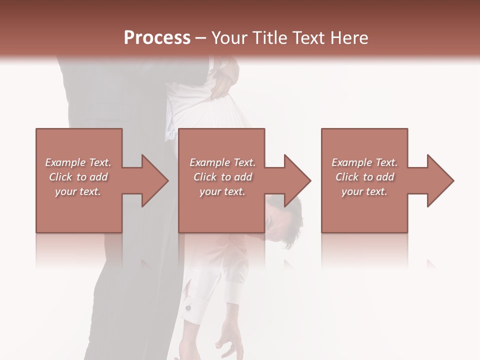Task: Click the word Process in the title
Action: click(x=157, y=38)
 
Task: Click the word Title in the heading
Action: click(x=267, y=38)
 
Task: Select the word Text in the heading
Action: click(x=307, y=38)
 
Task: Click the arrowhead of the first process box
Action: click(x=155, y=180)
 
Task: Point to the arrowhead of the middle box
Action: click(x=298, y=180)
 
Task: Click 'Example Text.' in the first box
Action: click(x=78, y=162)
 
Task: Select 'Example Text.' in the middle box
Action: click(x=222, y=162)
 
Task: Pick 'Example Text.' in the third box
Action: click(x=364, y=162)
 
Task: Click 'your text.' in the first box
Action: click(x=78, y=191)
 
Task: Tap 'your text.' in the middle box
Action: click(x=222, y=191)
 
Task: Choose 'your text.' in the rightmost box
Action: click(x=364, y=191)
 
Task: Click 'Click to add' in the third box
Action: click(x=364, y=177)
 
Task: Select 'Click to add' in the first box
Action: click(x=78, y=177)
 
